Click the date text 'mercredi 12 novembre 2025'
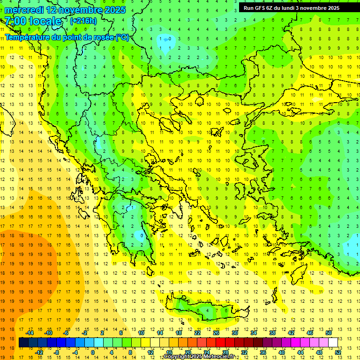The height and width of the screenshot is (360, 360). tap(65, 10)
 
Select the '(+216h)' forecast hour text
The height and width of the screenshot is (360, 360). tap(83, 21)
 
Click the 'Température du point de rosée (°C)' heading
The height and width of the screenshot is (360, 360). tap(67, 37)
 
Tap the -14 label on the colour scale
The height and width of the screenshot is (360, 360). tap(30, 333)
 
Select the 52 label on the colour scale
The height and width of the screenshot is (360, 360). tap(338, 352)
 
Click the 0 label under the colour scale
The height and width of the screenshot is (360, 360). tap(93, 352)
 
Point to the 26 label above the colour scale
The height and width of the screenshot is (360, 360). tap(216, 333)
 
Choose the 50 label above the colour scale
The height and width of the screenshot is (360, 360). tap(329, 333)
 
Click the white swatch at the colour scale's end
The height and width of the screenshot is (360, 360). tap(333, 342)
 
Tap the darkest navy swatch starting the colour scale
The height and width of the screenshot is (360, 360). tap(23, 342)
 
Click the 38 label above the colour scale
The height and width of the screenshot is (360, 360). tap(272, 333)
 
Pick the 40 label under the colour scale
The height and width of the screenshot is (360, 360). tap(282, 352)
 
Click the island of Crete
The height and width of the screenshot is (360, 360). tap(206, 309)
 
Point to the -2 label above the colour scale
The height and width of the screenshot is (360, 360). tap(85, 333)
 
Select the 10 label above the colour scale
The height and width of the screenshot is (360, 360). tap(141, 333)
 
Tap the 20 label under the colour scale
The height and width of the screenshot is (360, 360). tap(188, 352)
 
